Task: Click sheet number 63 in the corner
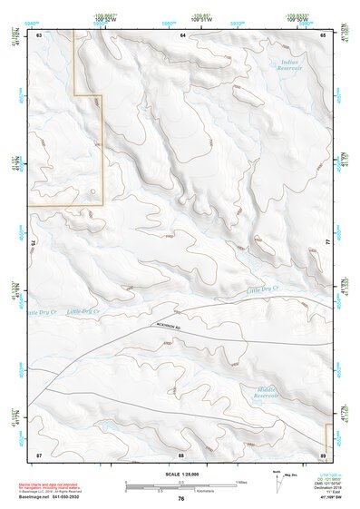click(40, 34)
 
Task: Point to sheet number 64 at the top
click(182, 34)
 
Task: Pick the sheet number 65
click(324, 34)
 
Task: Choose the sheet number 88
click(181, 454)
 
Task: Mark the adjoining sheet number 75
click(33, 243)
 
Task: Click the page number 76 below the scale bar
click(181, 499)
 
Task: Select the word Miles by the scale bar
click(241, 483)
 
